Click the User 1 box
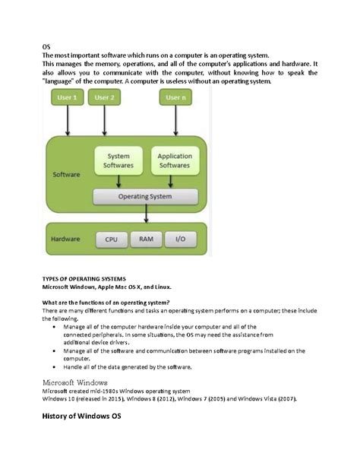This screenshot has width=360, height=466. point(68,97)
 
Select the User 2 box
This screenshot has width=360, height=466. point(105,97)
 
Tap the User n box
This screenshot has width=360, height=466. point(175,97)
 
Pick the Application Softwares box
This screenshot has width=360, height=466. point(175,160)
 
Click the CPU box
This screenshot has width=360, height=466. point(112,239)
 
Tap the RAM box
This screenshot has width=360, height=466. point(147,239)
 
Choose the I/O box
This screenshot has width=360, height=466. point(181,239)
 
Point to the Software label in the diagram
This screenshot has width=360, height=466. point(66,174)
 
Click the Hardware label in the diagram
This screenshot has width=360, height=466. point(66,239)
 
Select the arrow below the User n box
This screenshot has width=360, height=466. point(175,122)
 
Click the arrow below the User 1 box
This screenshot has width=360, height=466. point(68,122)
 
